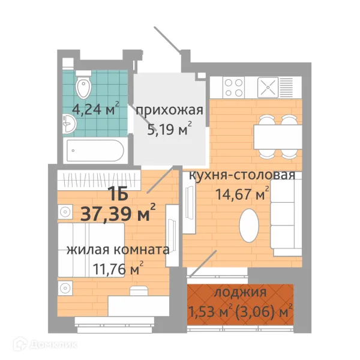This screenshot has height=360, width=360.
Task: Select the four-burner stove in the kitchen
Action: point(233,89)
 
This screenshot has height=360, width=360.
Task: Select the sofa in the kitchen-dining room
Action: point(284,217)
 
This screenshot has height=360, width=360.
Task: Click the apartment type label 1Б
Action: point(118,193)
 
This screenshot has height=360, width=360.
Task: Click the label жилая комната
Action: point(117,249)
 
